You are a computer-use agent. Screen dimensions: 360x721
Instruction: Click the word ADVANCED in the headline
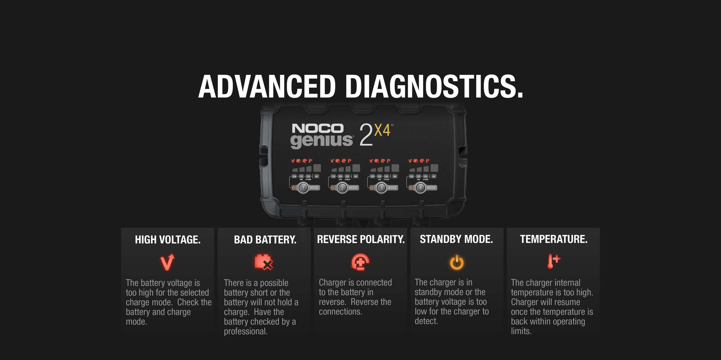click(x=267, y=86)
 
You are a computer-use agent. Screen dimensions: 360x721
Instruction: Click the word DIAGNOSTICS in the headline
click(x=433, y=86)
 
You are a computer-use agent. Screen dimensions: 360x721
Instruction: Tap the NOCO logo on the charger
click(x=318, y=129)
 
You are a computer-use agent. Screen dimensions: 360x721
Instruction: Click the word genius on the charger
click(x=321, y=141)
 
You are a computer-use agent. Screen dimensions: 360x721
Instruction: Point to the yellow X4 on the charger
click(x=382, y=130)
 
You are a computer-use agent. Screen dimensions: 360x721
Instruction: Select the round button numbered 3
click(x=381, y=188)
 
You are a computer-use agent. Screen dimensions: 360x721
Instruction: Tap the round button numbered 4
click(x=420, y=188)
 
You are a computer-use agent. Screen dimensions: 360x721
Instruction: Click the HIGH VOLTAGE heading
click(x=167, y=240)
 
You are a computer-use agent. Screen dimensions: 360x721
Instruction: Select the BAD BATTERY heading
click(x=265, y=240)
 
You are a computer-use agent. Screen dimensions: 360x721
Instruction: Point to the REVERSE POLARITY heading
click(x=360, y=239)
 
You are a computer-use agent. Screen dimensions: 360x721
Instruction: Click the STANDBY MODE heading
click(x=456, y=239)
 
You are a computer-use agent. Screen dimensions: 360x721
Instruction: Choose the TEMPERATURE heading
click(x=554, y=239)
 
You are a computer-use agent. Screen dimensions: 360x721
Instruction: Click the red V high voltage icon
click(x=167, y=262)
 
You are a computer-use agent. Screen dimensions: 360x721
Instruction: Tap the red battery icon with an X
click(x=263, y=262)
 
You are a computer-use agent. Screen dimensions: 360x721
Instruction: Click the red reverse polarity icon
click(x=360, y=262)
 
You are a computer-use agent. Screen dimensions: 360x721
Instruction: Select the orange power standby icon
click(x=456, y=262)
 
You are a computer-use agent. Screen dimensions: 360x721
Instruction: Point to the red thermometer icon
click(x=553, y=261)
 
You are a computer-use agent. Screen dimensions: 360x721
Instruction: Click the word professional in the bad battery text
click(x=245, y=331)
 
